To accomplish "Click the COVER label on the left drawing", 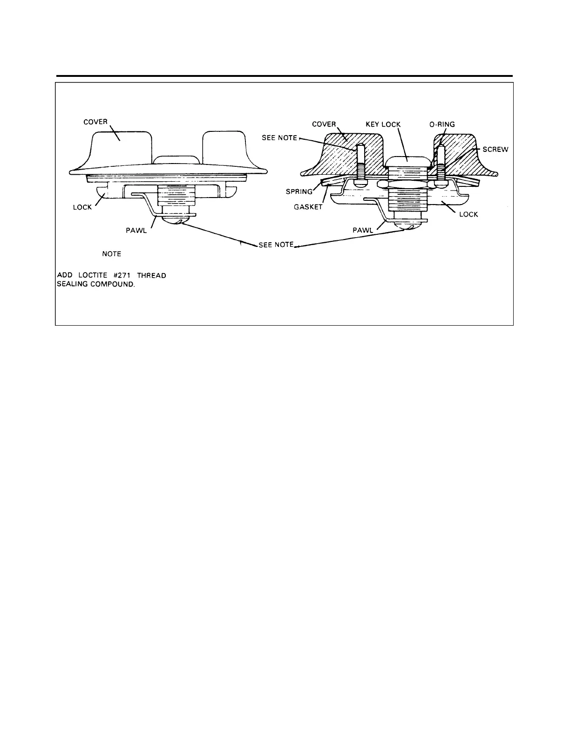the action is point(95,122).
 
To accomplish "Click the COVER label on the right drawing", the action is point(324,124).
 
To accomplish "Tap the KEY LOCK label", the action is point(383,124).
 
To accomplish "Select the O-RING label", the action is point(442,124).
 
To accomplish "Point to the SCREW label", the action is point(495,150).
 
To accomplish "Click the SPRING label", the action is point(299,191).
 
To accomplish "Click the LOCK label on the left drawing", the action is point(82,207).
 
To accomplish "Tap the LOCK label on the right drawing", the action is point(468,214).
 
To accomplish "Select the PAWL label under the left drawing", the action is point(137,231).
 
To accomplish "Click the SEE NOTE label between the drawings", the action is point(276,245).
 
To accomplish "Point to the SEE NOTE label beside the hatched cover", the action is point(279,139).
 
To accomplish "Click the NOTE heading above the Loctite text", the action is point(112,254).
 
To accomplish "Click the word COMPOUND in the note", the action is point(112,284).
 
